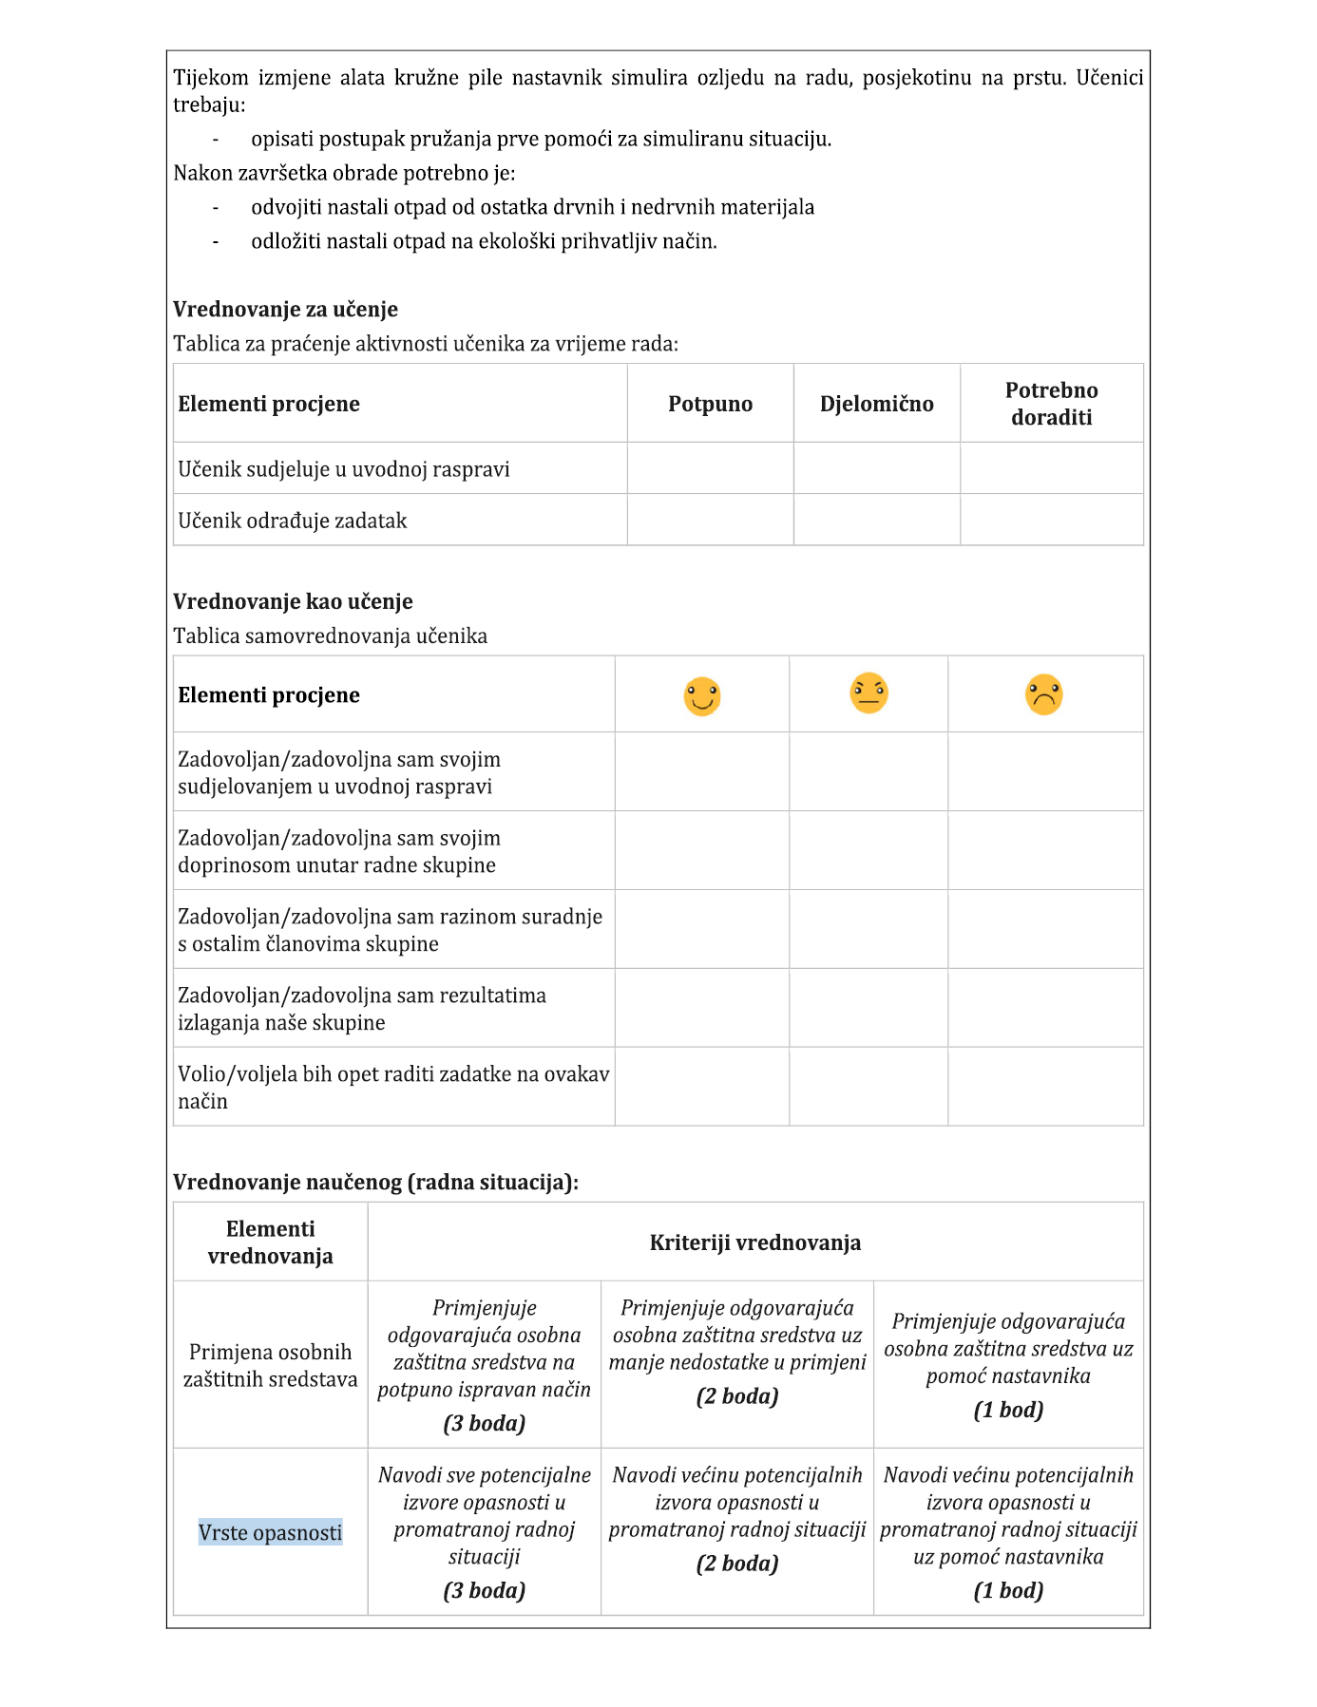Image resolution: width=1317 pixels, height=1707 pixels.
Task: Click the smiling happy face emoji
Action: coord(702,696)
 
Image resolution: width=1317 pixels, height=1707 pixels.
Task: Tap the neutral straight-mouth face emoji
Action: coord(868,692)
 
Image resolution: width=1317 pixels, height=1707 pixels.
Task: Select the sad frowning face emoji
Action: coord(1043,694)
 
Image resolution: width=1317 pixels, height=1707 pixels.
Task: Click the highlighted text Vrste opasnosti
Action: coord(271,1532)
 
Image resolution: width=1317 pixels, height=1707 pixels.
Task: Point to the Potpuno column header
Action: coord(710,404)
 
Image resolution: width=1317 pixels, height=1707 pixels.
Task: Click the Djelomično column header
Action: coord(876,404)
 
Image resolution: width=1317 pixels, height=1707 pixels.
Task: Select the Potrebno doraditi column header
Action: coord(1051,404)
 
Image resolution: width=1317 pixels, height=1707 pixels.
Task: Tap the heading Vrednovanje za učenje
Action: coord(285,309)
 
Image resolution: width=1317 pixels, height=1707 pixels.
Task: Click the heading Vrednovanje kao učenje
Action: coord(293,601)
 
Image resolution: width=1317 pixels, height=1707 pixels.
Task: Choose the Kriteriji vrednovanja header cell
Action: coord(755,1242)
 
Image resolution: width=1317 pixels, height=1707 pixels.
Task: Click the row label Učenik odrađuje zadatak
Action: coord(293,521)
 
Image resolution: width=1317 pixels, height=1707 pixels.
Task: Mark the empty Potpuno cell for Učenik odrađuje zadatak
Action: coord(710,520)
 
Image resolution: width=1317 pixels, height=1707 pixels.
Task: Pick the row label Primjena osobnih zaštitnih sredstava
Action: coord(271,1365)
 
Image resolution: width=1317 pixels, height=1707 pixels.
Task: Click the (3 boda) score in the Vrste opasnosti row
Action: coord(485,1590)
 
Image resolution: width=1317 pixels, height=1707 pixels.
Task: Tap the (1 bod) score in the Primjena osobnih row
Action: coord(1008,1410)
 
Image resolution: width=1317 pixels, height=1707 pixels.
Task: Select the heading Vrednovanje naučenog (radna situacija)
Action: coord(375,1182)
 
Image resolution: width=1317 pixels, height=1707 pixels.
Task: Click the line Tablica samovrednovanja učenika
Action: coord(330,635)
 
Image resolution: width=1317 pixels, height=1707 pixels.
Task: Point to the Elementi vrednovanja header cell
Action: coord(271,1242)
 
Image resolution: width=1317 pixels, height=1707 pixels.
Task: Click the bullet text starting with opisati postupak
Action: coord(541,139)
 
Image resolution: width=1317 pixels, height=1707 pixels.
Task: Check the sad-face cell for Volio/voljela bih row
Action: coord(1045,1087)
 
